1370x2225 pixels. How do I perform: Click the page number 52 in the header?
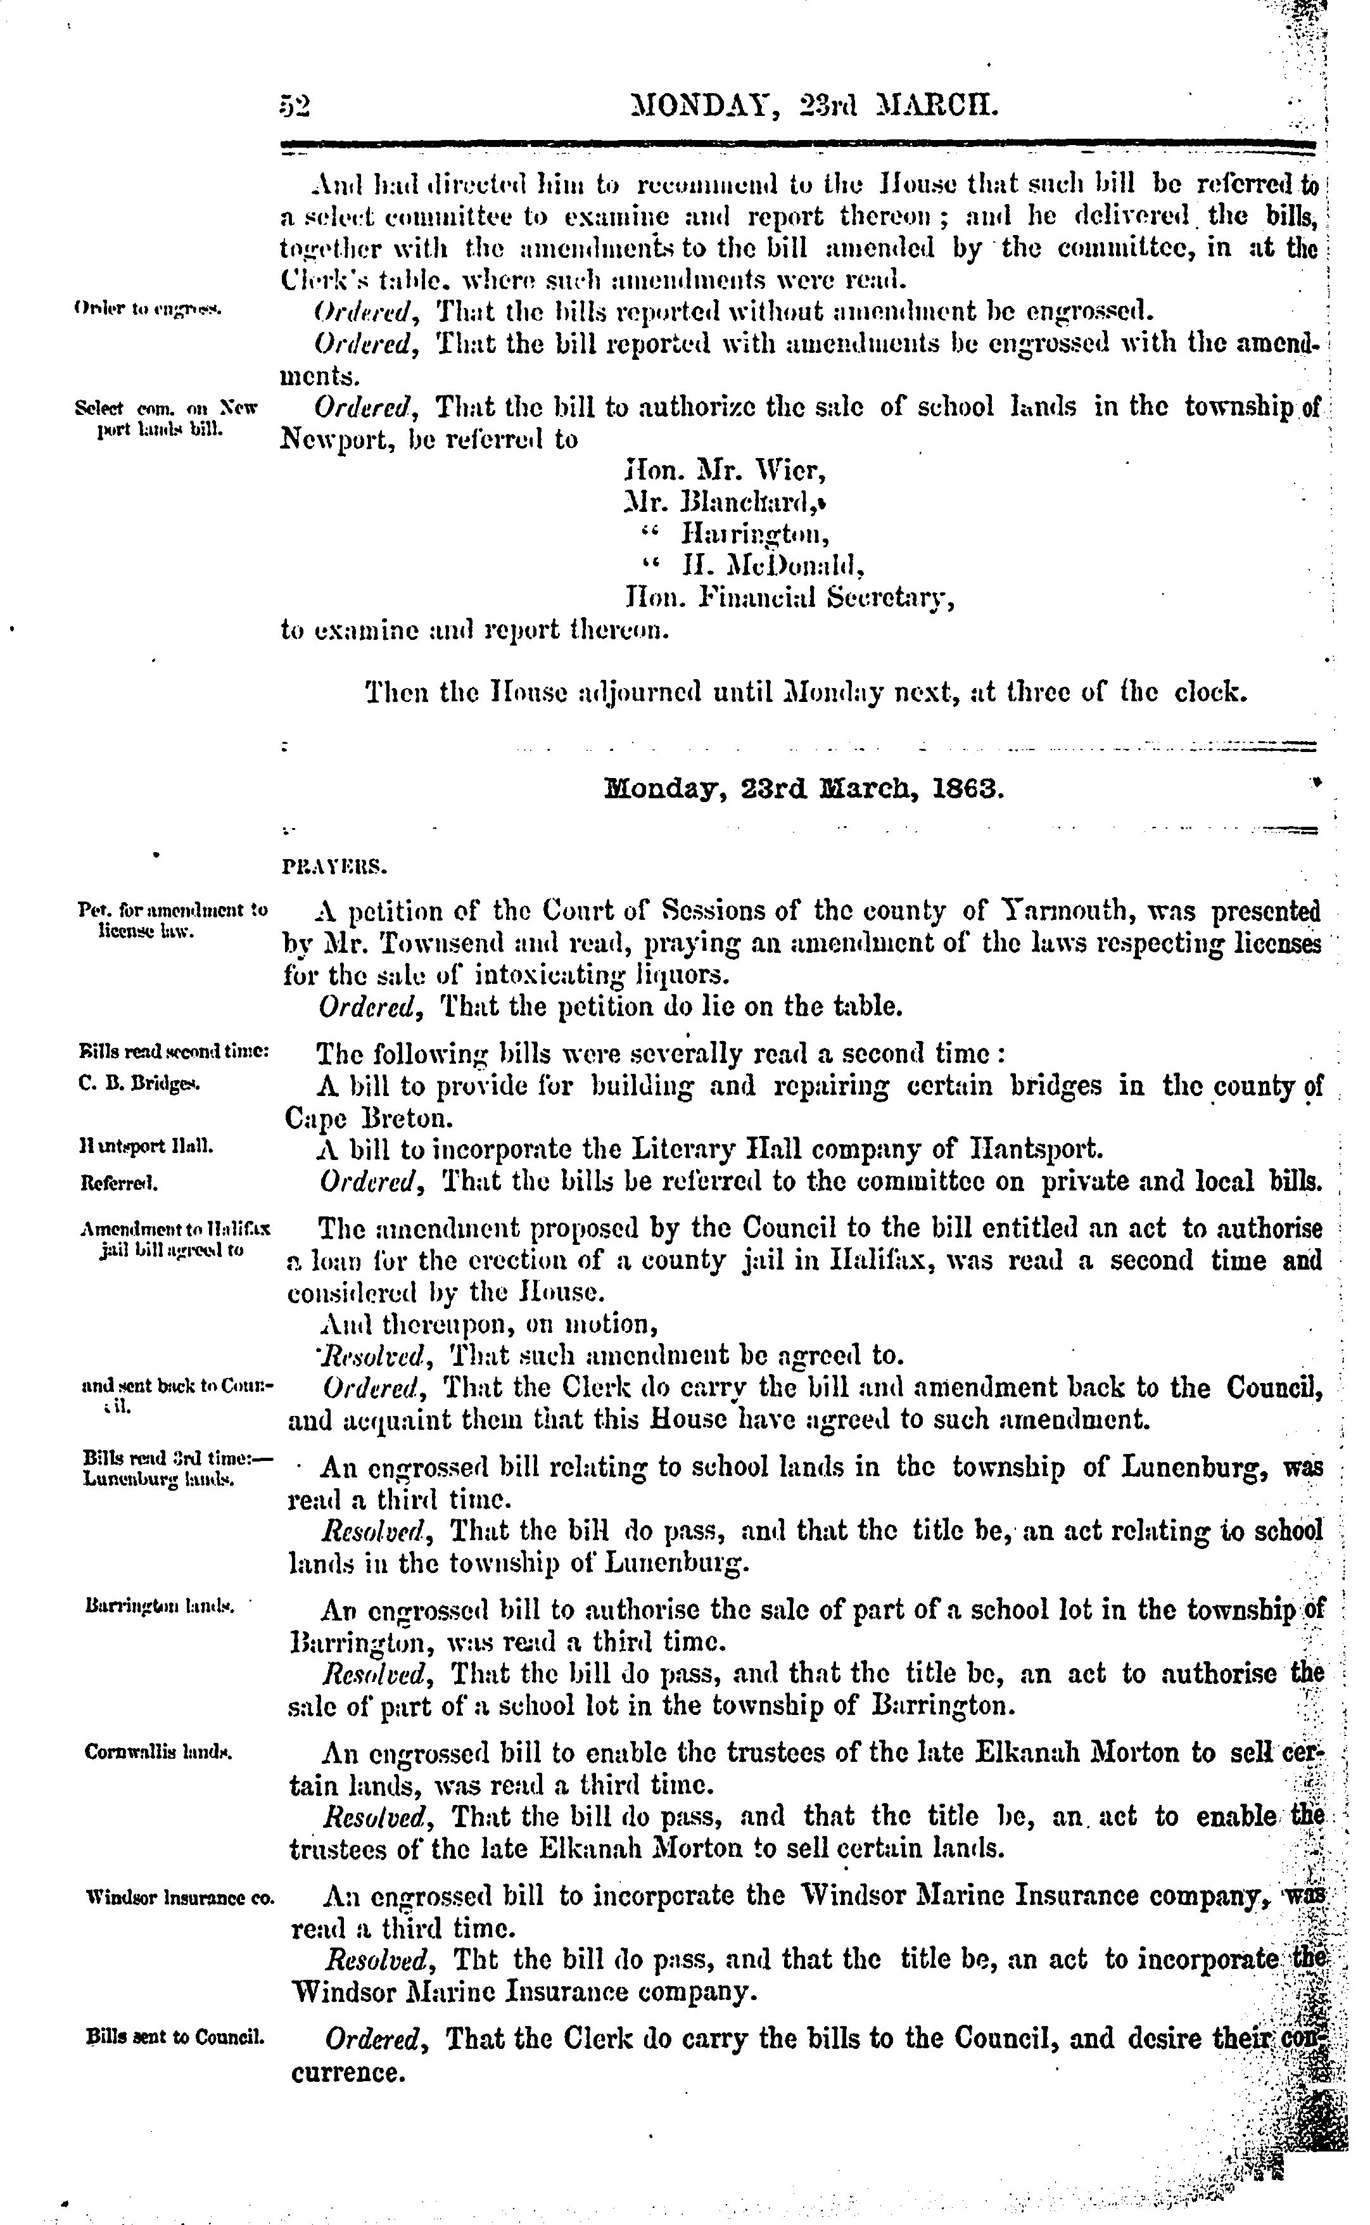[295, 107]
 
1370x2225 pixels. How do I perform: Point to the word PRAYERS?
[335, 867]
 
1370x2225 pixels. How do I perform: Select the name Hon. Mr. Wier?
[725, 471]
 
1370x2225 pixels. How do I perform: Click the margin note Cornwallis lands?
[158, 1752]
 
